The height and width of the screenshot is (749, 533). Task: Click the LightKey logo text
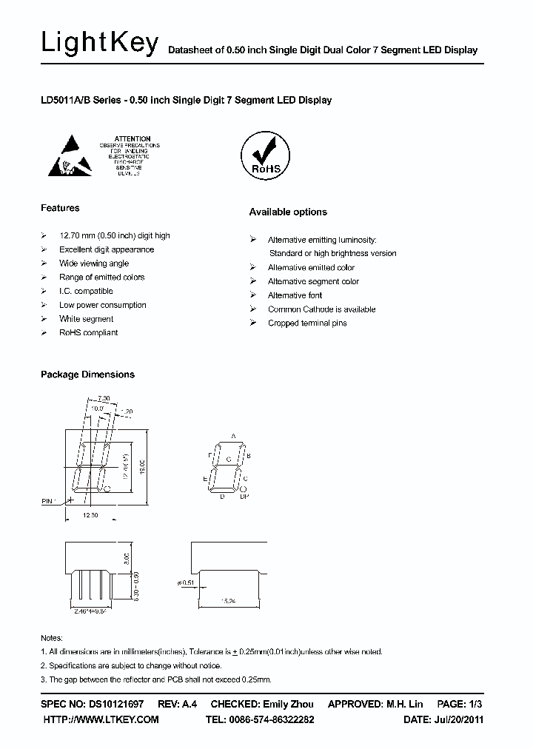[x=99, y=44]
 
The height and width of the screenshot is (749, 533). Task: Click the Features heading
[x=60, y=208]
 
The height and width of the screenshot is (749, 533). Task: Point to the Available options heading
[x=287, y=212]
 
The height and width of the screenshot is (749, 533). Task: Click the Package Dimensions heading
[x=87, y=374]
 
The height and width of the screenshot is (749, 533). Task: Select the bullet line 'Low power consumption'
[x=102, y=305]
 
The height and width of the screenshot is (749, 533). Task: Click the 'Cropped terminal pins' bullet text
[x=306, y=323]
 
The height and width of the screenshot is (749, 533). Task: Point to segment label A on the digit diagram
[x=234, y=437]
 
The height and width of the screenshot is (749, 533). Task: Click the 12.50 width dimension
[x=90, y=514]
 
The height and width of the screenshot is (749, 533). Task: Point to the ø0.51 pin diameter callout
[x=187, y=582]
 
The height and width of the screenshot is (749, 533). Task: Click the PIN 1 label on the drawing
[x=50, y=501]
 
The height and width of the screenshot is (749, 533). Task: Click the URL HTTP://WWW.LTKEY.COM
[x=101, y=719]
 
